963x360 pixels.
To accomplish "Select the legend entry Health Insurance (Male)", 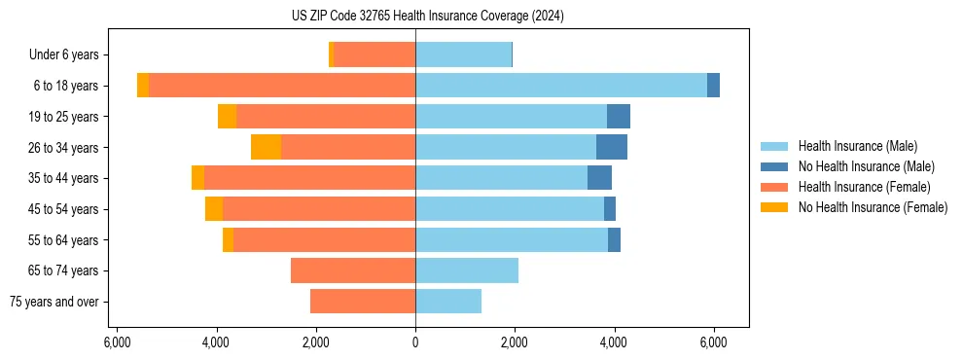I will click(x=857, y=146).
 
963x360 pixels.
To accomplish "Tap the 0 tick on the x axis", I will click(x=415, y=342).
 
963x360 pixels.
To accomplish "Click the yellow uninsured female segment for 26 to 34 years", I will click(x=266, y=147).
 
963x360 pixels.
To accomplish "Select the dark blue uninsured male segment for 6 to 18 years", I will click(x=713, y=86).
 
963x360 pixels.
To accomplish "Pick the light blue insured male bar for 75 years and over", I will click(x=448, y=302).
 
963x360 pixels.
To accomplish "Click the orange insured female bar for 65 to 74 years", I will click(x=353, y=270).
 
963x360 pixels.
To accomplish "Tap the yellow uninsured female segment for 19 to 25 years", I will click(x=227, y=117).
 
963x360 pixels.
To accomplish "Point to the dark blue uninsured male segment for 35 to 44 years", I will click(x=599, y=178).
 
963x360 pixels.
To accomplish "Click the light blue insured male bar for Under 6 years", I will click(x=463, y=55).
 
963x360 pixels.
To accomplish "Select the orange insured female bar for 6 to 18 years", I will click(x=282, y=86).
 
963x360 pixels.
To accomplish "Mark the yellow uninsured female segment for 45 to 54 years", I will click(x=214, y=209).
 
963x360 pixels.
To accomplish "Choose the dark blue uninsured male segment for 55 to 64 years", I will click(x=614, y=239).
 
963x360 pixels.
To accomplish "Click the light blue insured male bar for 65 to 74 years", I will click(x=467, y=270).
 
